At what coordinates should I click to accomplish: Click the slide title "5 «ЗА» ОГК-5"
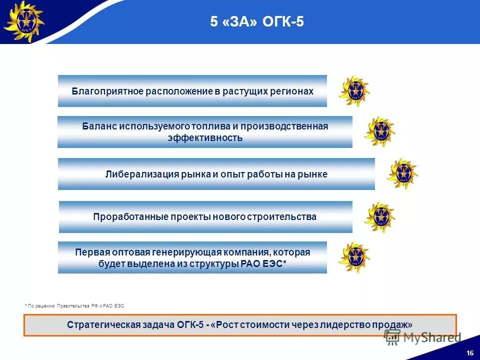point(256,22)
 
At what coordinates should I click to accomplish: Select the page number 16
point(469,353)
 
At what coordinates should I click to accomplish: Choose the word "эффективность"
point(205,138)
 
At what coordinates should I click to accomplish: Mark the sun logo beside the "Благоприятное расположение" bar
point(354,91)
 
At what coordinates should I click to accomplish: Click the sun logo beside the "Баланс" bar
point(379,131)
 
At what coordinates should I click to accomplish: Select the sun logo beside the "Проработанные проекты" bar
point(379,217)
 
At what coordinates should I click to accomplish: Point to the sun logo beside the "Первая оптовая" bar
point(354,257)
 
